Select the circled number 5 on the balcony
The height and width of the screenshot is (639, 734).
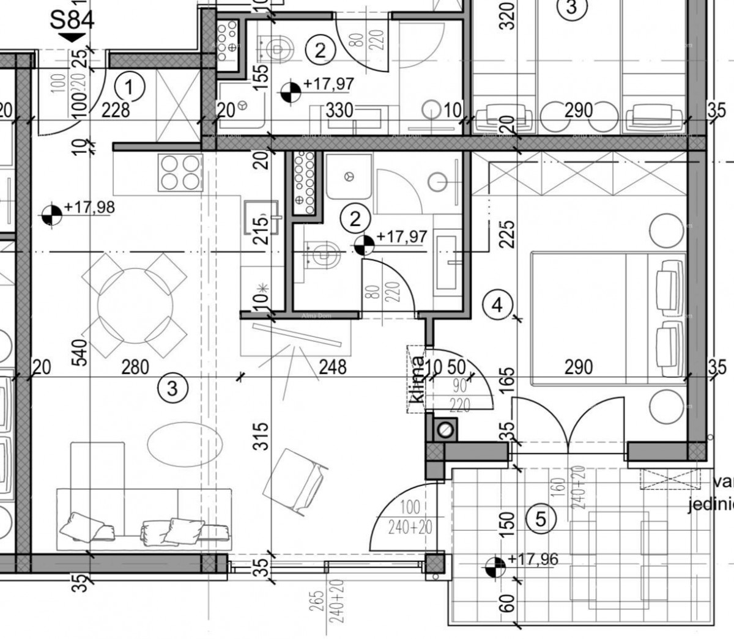[x=540, y=519]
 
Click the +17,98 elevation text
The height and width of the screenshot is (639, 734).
[x=89, y=207]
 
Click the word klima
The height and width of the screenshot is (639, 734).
[x=417, y=379]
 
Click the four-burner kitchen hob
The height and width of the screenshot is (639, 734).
[x=180, y=172]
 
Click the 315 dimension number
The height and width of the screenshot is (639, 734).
[x=261, y=436]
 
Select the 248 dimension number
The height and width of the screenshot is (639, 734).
[x=333, y=367]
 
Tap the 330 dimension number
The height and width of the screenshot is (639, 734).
[x=339, y=110]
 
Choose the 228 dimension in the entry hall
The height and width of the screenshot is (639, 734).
[x=116, y=110]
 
